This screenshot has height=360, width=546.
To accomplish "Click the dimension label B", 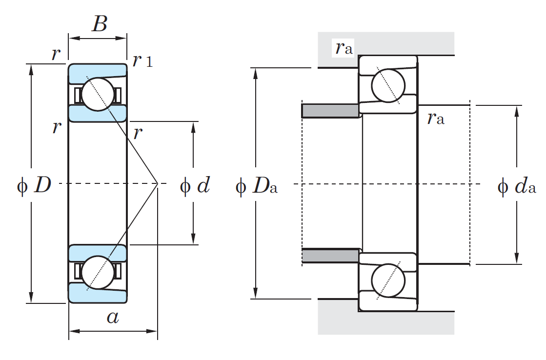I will point(99,23).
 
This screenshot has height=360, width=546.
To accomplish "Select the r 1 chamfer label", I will point(142,61).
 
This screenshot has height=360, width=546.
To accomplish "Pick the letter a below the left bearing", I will point(112,318).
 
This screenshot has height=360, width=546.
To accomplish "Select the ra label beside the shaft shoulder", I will point(436,118).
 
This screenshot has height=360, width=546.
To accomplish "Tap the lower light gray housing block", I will point(385,322).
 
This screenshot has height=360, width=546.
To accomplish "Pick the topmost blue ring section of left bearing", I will point(98,72).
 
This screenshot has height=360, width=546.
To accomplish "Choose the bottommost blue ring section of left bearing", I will point(98,294).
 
